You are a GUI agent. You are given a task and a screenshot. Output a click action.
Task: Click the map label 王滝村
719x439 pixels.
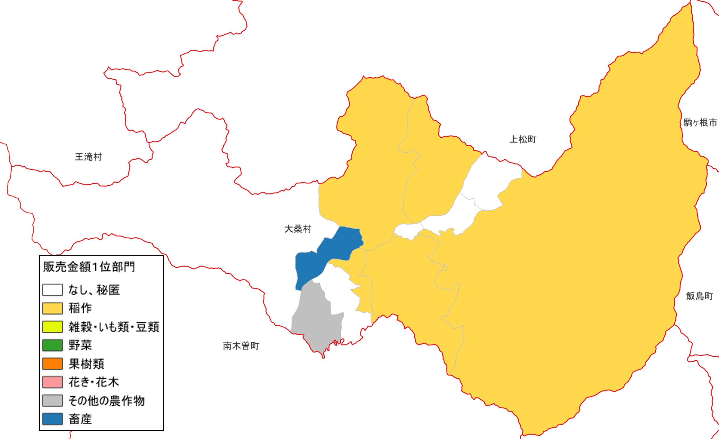click(x=88, y=157)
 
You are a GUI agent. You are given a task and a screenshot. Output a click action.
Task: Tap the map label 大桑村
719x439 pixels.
click(x=298, y=229)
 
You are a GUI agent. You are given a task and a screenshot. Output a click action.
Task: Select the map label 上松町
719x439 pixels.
click(x=523, y=140)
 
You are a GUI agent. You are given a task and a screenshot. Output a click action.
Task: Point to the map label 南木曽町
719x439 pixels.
click(x=241, y=346)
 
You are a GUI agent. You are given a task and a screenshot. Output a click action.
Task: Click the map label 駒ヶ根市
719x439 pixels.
click(x=700, y=123)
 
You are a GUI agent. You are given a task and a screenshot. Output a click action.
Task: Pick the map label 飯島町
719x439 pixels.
click(x=700, y=296)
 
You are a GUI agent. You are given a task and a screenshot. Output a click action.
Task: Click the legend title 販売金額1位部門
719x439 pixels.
click(x=89, y=267)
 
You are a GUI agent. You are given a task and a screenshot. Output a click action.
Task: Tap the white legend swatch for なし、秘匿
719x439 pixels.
click(x=53, y=290)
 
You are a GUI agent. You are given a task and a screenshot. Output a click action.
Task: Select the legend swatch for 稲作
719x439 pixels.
click(x=53, y=308)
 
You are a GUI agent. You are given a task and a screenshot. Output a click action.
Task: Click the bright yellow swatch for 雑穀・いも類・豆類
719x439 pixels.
click(x=53, y=327)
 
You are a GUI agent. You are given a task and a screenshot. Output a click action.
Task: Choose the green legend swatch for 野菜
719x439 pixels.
click(x=53, y=345)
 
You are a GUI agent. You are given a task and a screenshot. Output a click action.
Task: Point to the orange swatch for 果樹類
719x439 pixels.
click(x=53, y=364)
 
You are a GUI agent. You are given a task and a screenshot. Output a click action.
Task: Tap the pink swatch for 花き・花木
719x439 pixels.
click(x=53, y=382)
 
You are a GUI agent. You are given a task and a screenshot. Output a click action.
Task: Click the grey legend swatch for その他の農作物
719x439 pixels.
click(x=53, y=400)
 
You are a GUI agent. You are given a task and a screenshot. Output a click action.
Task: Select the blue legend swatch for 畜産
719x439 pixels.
click(x=53, y=419)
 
